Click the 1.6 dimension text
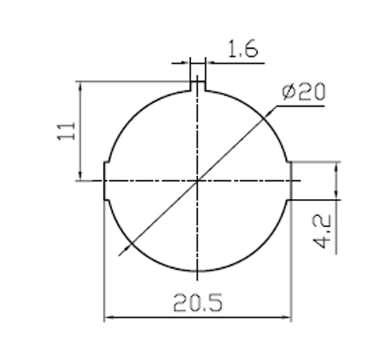click(x=243, y=50)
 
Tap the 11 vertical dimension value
click(x=66, y=131)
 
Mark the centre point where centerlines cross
click(x=198, y=181)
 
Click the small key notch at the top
click(x=198, y=85)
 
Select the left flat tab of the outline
click(x=105, y=181)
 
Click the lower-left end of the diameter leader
click(x=120, y=255)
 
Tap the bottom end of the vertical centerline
click(x=198, y=271)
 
